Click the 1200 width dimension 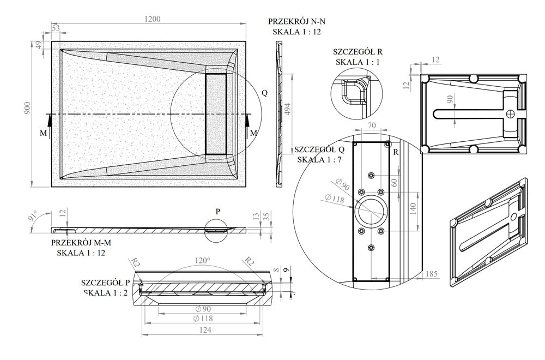click(153, 20)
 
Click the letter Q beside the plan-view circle click(264, 93)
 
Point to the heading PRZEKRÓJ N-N click(297, 21)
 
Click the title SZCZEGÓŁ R click(357, 52)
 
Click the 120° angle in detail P click(202, 261)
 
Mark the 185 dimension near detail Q click(432, 273)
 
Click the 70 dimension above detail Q click(372, 126)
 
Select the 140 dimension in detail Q click(413, 208)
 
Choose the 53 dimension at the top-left click(56, 28)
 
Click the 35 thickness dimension click(266, 217)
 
